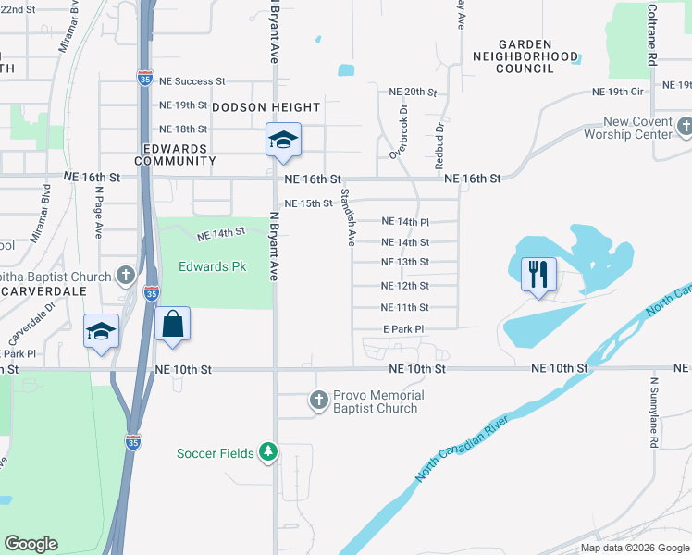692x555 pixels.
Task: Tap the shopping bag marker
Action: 173,325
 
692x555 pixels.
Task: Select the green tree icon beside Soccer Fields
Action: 268,452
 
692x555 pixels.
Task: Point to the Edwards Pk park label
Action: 213,266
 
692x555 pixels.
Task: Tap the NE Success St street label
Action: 192,81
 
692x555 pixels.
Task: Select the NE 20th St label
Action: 413,92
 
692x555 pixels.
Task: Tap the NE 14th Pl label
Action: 406,222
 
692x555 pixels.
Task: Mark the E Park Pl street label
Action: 402,329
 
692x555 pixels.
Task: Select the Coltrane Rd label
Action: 651,32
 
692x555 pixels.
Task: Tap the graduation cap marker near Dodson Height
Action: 283,141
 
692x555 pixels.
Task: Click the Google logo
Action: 31,544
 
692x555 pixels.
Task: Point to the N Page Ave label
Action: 97,213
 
